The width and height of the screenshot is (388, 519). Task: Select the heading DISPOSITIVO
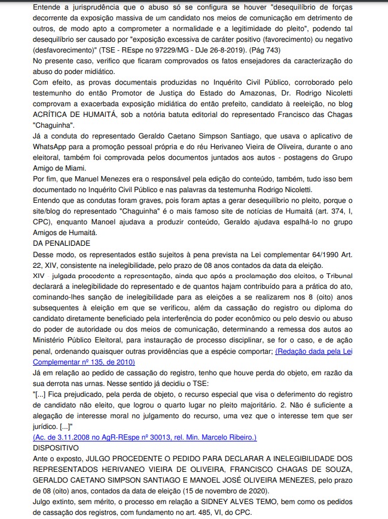[x=56, y=446]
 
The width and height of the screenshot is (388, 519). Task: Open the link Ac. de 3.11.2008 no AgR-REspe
[x=145, y=437]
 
